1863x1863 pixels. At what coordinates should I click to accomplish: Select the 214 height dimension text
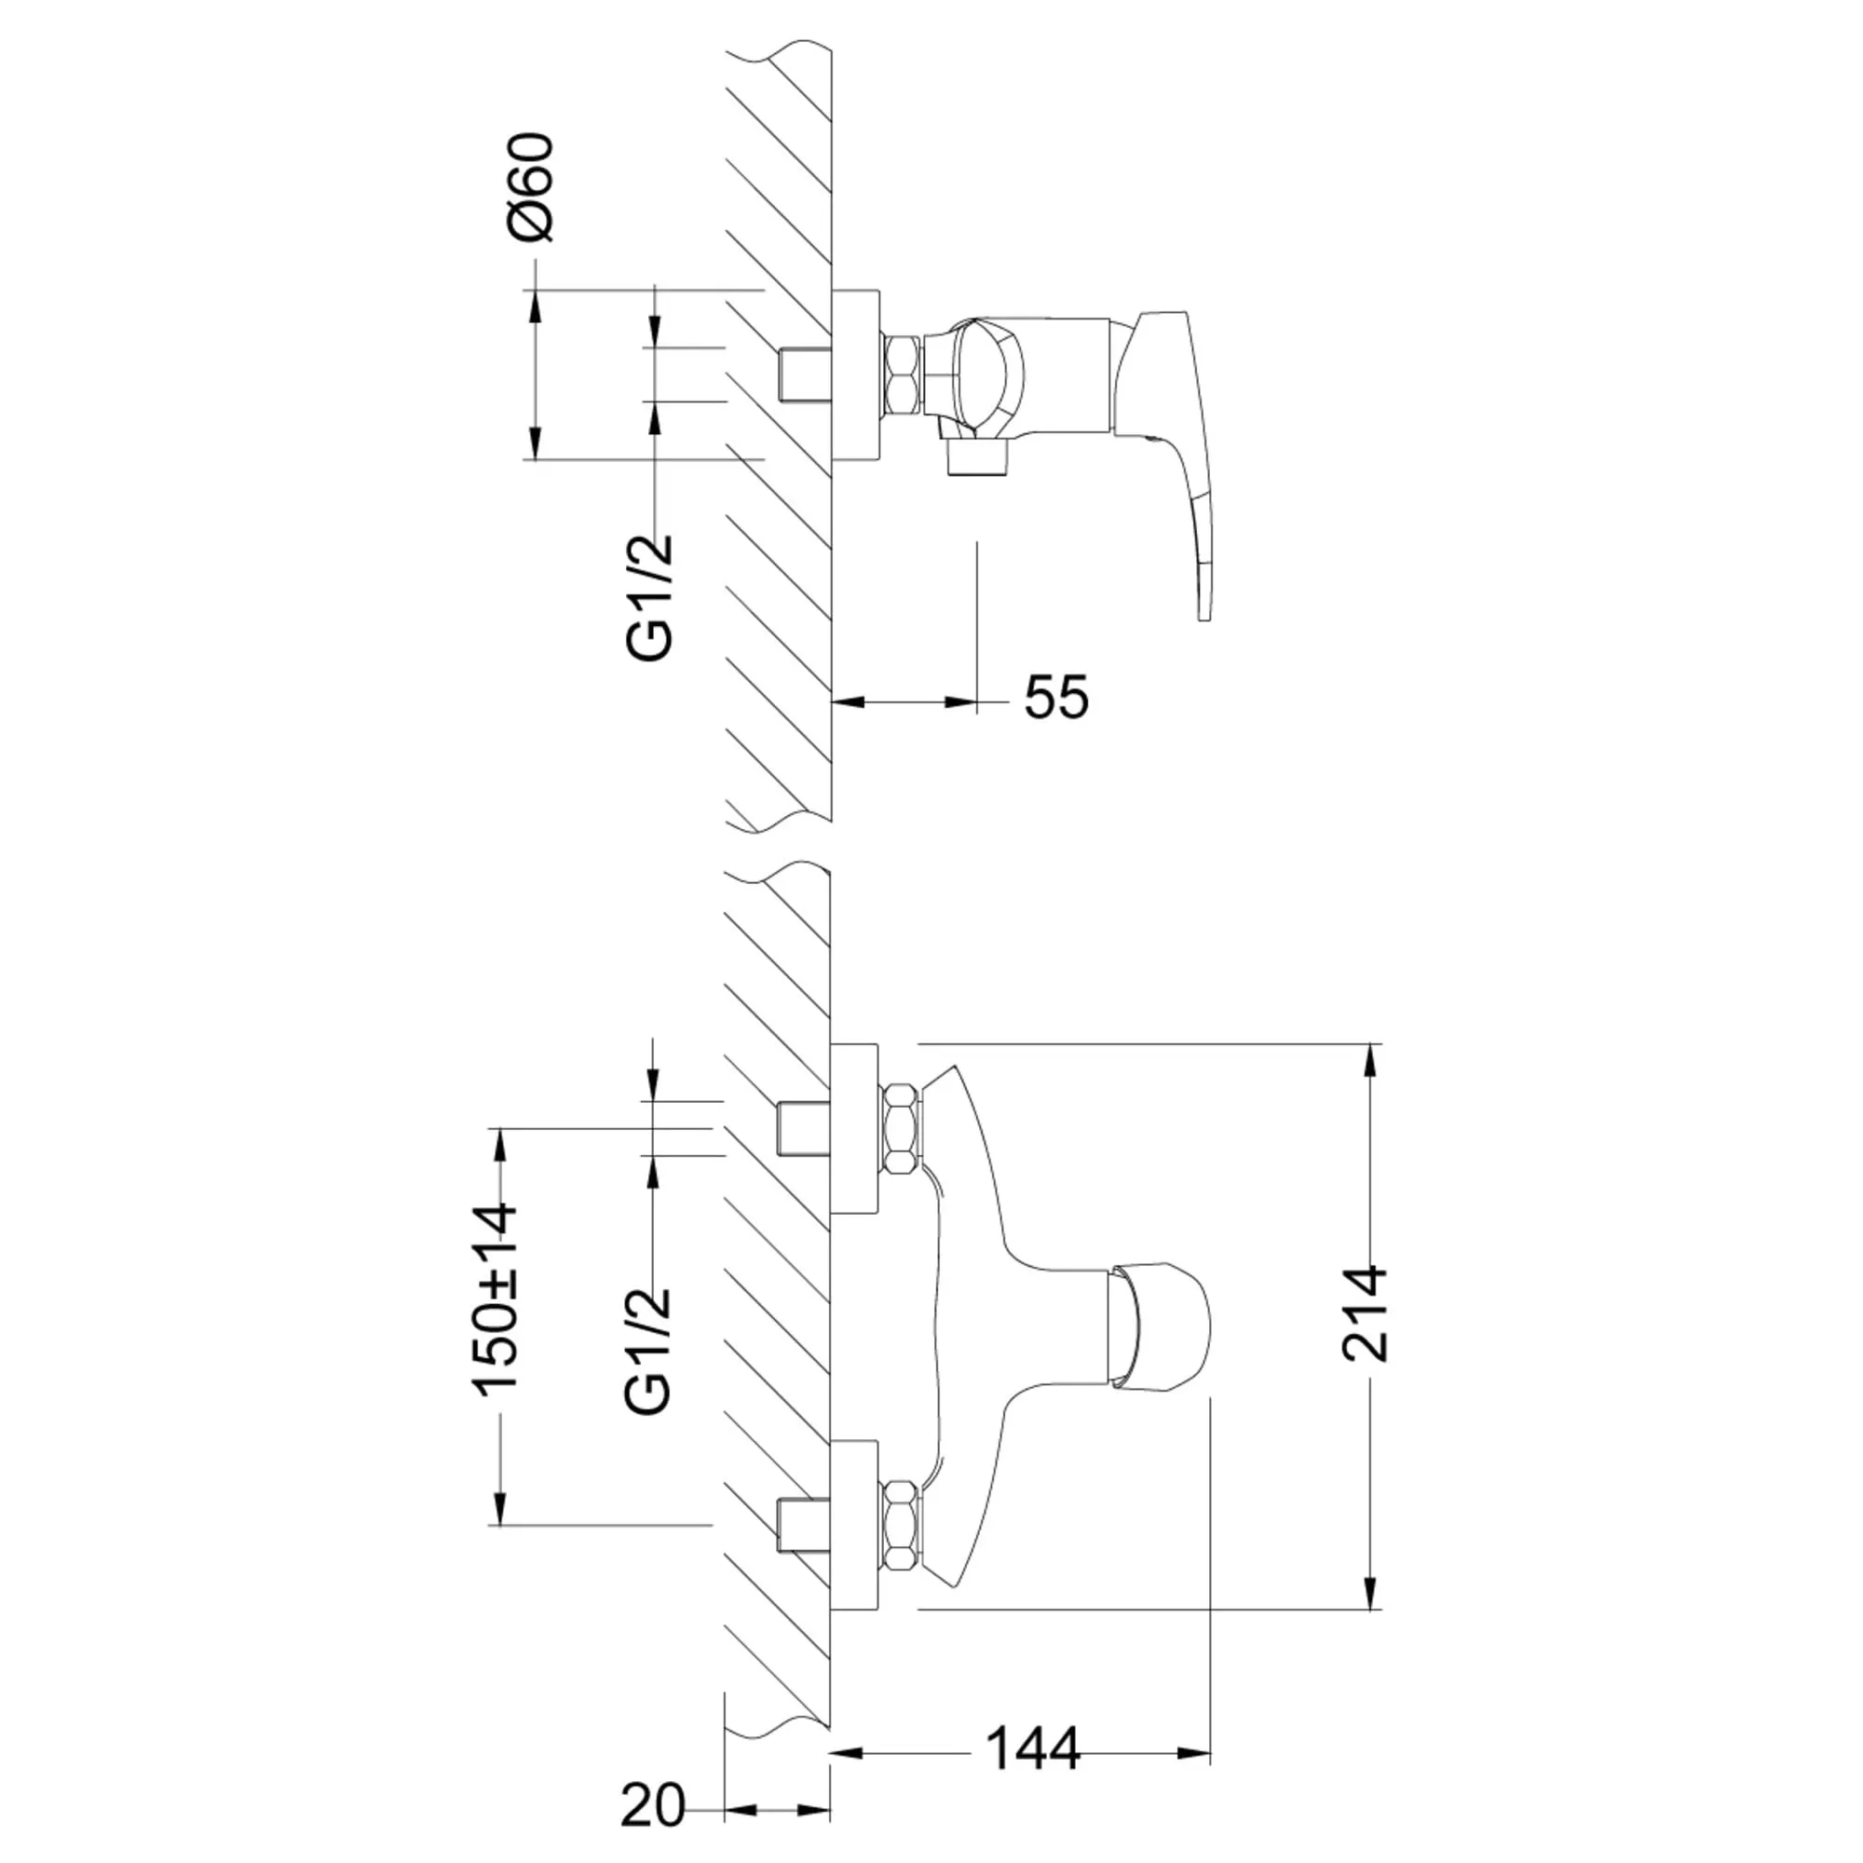pos(1364,1314)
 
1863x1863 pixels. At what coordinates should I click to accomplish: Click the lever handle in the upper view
pos(1168,464)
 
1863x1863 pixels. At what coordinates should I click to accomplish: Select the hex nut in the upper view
pos(904,375)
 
